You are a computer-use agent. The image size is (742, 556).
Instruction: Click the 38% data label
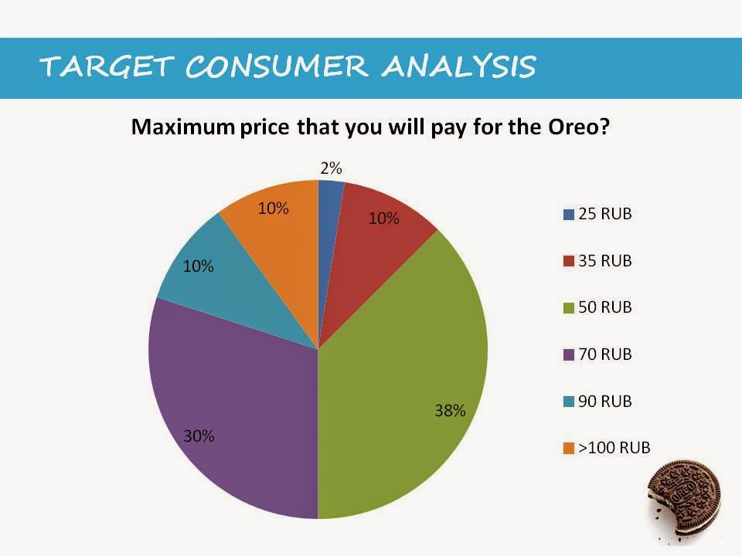(449, 410)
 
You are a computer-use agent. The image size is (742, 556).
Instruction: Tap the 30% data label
(199, 436)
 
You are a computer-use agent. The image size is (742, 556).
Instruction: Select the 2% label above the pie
(331, 168)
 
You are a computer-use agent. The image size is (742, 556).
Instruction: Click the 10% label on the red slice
(383, 219)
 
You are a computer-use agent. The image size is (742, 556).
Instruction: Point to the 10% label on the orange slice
(273, 208)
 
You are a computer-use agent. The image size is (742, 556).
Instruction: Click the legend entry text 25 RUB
(605, 214)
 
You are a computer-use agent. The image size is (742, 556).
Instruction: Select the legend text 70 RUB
(605, 354)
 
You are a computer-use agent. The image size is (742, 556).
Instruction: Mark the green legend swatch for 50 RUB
(569, 308)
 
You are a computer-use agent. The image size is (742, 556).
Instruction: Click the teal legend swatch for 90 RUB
(569, 402)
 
